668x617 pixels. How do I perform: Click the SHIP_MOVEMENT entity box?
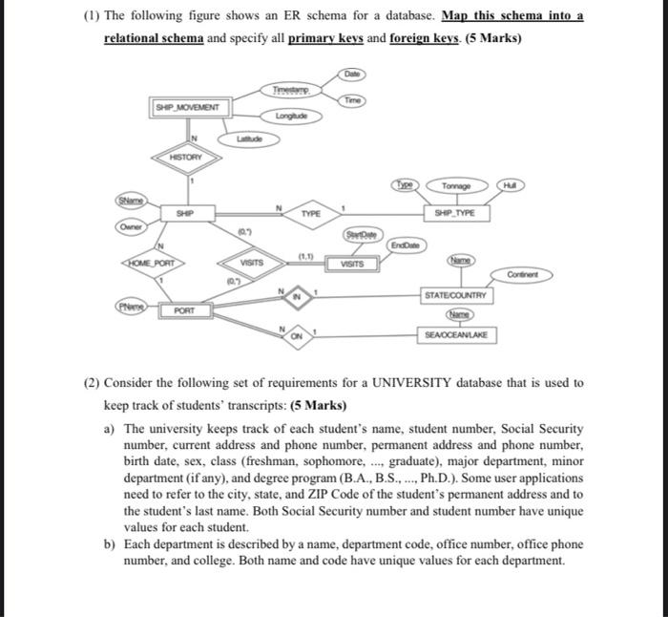click(188, 109)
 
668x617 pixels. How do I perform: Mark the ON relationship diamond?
click(297, 334)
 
